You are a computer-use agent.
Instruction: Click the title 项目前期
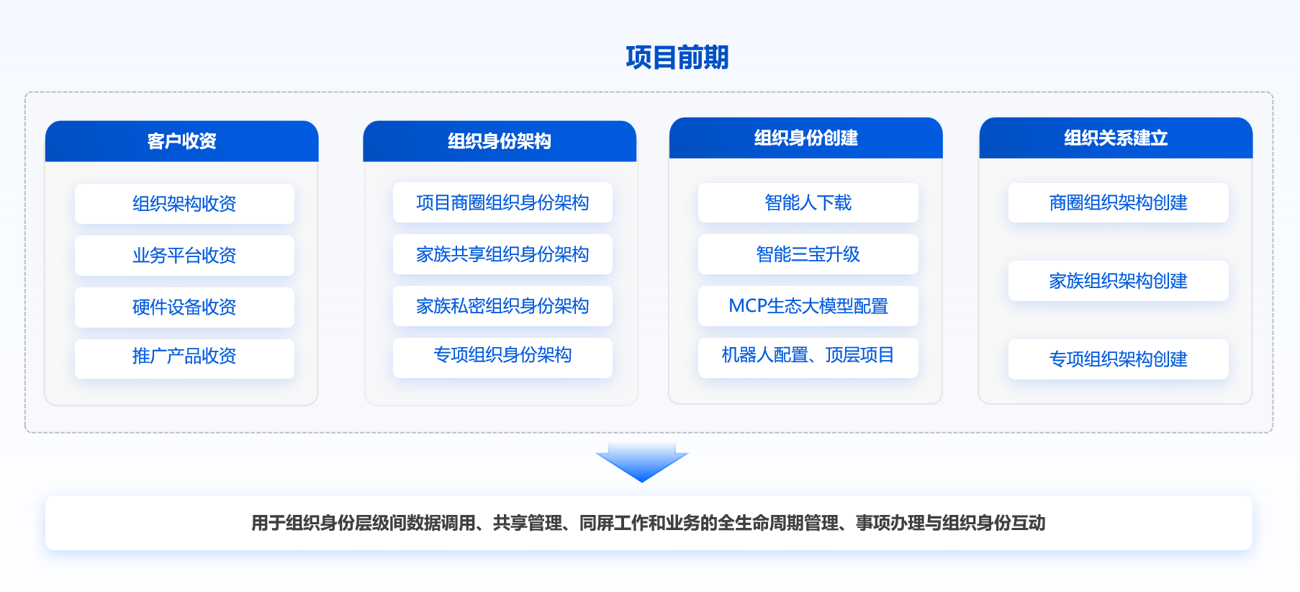[x=677, y=58]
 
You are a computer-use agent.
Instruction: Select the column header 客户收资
[x=181, y=141]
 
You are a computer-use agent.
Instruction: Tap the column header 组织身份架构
[x=500, y=141]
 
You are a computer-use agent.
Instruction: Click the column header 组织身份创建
[x=806, y=138]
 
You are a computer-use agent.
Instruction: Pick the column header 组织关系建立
[x=1116, y=138]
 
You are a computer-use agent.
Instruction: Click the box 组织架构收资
[x=184, y=204]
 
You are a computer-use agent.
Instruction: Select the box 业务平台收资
[x=184, y=256]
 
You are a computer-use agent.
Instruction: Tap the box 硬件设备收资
[x=184, y=308]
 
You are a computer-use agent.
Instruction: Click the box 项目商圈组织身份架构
[x=502, y=202]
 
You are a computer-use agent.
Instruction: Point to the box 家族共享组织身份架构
[x=502, y=254]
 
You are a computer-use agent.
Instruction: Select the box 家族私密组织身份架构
[x=502, y=306]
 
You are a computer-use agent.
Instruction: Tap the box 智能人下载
[x=808, y=202]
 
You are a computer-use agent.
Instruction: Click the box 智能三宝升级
[x=808, y=254]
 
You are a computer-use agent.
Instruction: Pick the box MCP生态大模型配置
[x=808, y=306]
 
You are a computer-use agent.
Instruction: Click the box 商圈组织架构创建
[x=1119, y=202]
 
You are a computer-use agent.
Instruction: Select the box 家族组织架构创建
[x=1119, y=281]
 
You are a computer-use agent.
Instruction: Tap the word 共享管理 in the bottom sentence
[x=528, y=523]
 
